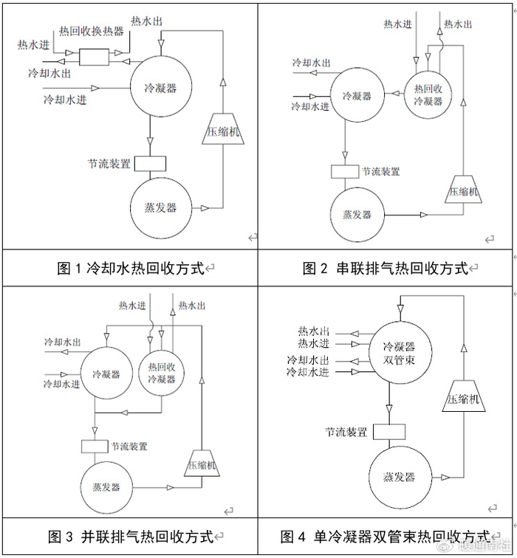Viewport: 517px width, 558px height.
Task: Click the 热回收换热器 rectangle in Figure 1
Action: [x=93, y=56]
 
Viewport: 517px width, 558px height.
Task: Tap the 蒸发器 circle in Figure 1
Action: [x=160, y=207]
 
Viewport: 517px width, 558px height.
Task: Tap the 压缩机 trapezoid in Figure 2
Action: [x=463, y=190]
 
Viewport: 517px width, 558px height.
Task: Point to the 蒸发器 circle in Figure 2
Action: [x=357, y=215]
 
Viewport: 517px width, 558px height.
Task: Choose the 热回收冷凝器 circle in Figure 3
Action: [x=161, y=373]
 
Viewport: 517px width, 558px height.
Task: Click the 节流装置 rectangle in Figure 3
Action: [x=95, y=446]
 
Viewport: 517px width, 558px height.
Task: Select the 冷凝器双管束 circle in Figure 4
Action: [x=399, y=352]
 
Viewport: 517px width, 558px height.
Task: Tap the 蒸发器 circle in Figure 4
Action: [x=399, y=476]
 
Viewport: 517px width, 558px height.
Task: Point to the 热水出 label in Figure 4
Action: [x=313, y=331]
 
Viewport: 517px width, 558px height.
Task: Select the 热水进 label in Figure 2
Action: [x=397, y=24]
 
